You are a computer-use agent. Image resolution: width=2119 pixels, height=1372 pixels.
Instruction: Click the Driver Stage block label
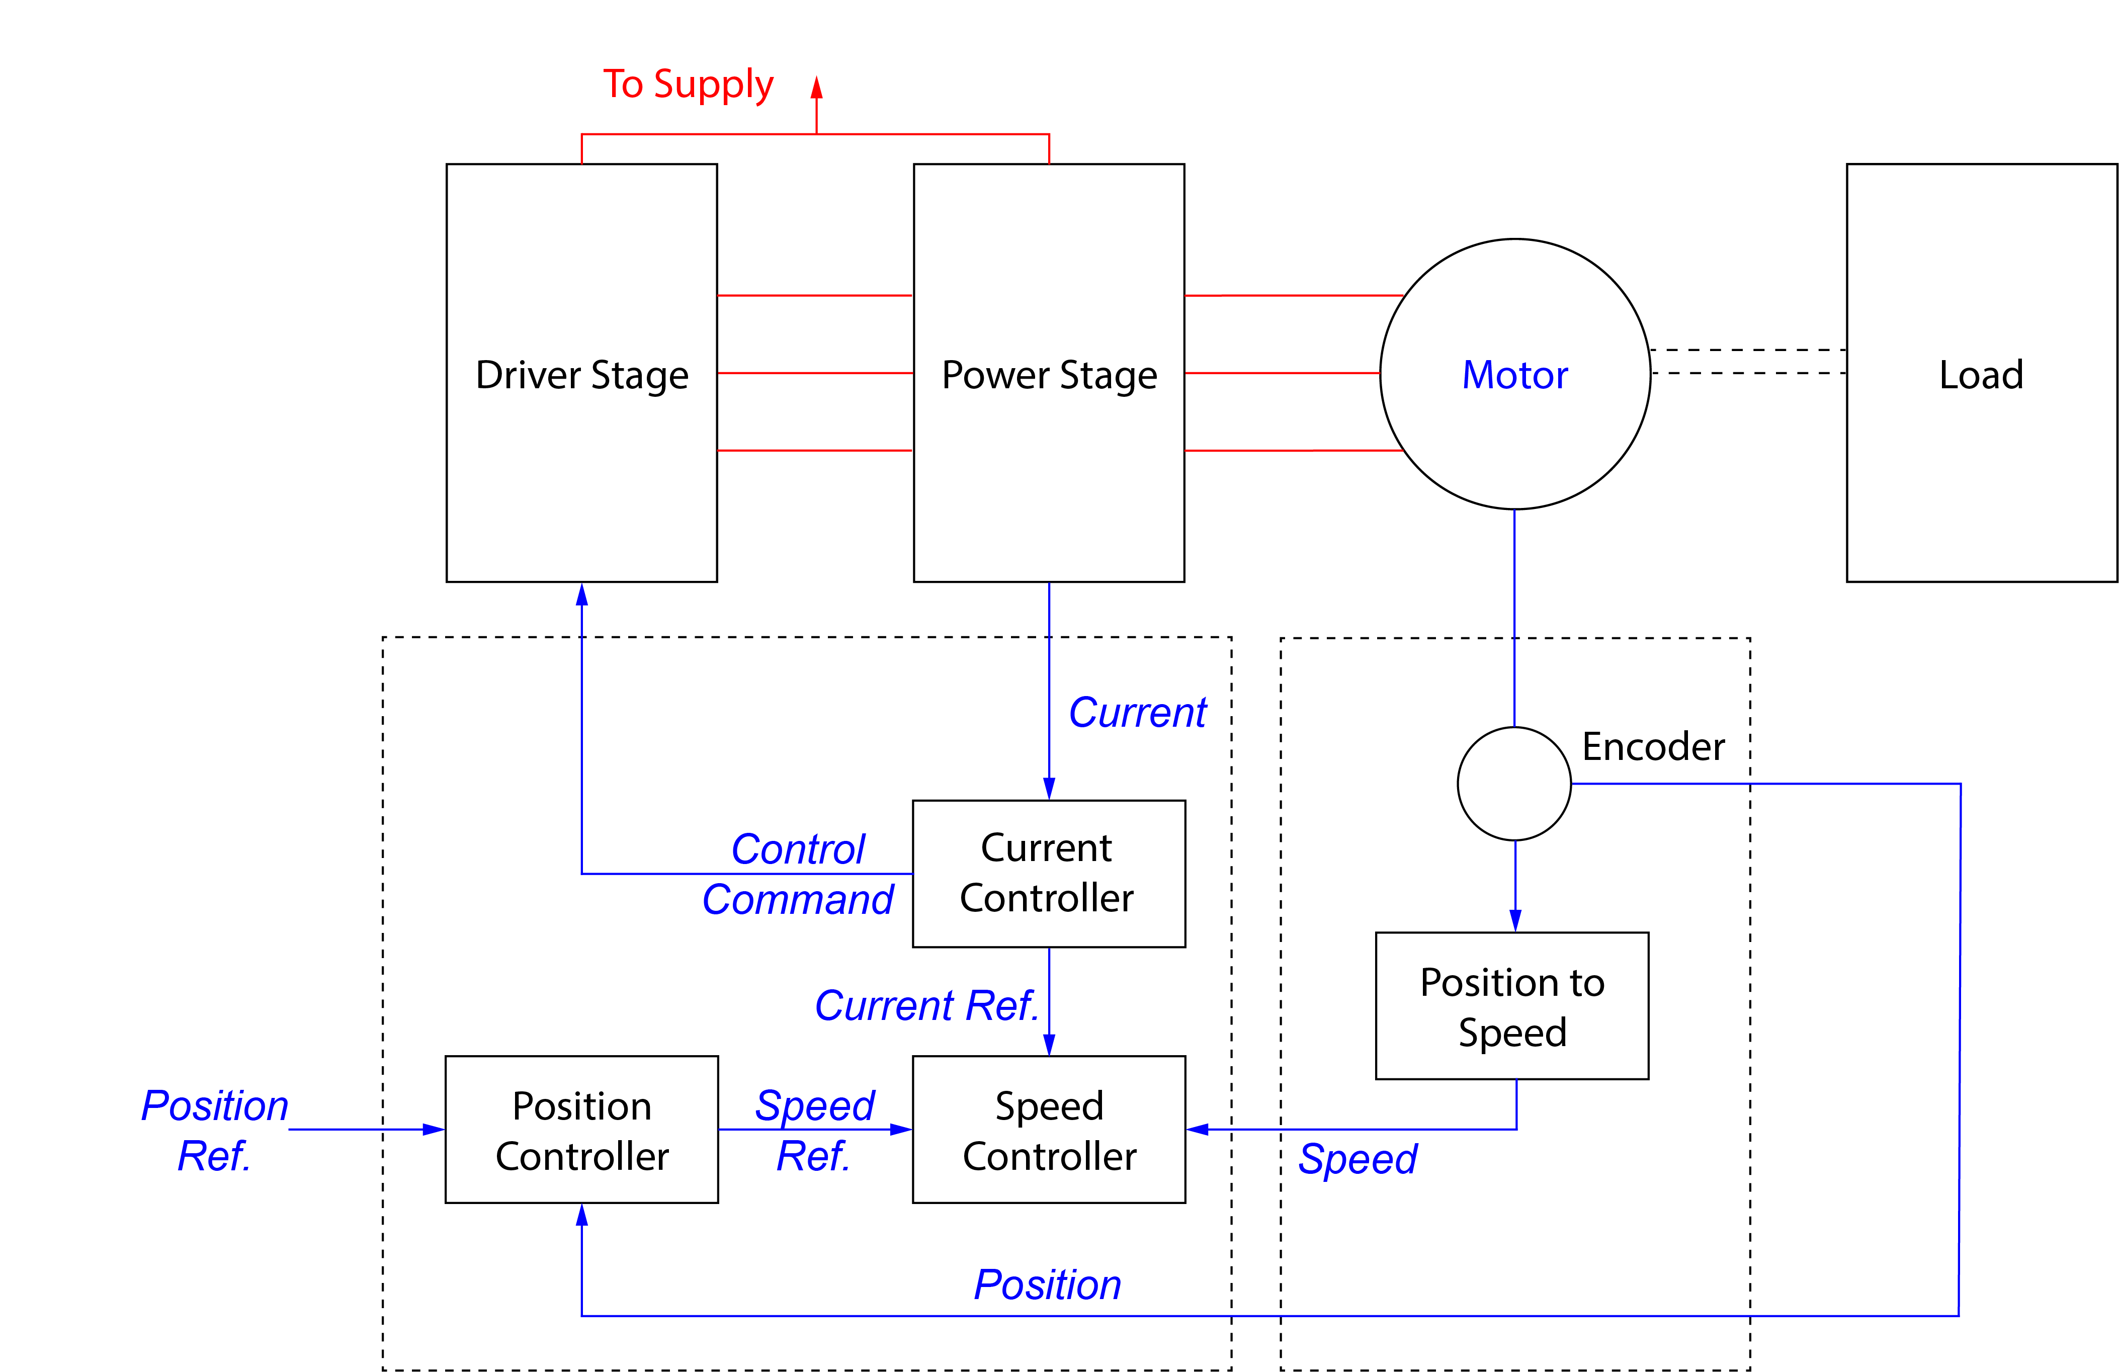point(581,375)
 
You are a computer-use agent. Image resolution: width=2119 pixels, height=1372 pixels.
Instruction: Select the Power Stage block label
point(1049,375)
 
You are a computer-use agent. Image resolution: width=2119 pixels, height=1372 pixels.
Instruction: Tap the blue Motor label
point(1514,375)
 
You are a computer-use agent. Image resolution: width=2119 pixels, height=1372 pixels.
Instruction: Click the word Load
point(1981,375)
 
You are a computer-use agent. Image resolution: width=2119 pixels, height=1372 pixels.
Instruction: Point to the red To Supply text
point(688,84)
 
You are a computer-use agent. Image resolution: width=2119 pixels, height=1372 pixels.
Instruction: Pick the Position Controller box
point(581,1129)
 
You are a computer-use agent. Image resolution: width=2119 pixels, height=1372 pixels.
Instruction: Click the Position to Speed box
point(1512,1006)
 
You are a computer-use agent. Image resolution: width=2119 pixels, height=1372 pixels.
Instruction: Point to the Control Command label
point(798,874)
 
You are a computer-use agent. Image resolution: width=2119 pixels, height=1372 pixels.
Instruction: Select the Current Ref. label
point(926,1005)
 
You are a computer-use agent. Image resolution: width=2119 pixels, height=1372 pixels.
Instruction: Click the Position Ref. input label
point(215,1130)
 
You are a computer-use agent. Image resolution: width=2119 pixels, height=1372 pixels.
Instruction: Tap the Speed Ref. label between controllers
point(814,1130)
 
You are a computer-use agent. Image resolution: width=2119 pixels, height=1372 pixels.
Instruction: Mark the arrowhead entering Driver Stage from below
point(581,595)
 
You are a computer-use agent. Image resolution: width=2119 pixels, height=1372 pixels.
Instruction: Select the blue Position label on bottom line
point(1047,1284)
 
